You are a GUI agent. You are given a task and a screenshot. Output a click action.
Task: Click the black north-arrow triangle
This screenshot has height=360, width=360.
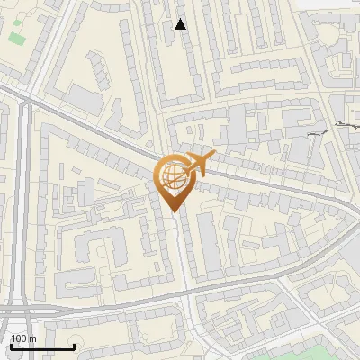coord(181,24)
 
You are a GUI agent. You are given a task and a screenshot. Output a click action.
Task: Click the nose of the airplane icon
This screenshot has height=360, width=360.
coord(212,156)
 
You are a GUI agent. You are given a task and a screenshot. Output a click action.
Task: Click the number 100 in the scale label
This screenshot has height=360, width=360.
coord(19,338)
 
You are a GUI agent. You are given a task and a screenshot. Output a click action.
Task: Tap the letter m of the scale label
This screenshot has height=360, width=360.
coord(32,338)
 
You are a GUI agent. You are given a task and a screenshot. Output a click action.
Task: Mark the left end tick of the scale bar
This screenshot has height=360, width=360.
coord(10,346)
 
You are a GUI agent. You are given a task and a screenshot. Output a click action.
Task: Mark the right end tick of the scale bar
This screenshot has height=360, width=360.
coord(74,346)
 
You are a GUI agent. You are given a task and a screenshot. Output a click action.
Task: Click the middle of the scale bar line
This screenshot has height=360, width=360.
coord(41,347)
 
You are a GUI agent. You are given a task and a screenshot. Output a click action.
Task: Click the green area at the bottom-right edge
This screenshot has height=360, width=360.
coord(337,351)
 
